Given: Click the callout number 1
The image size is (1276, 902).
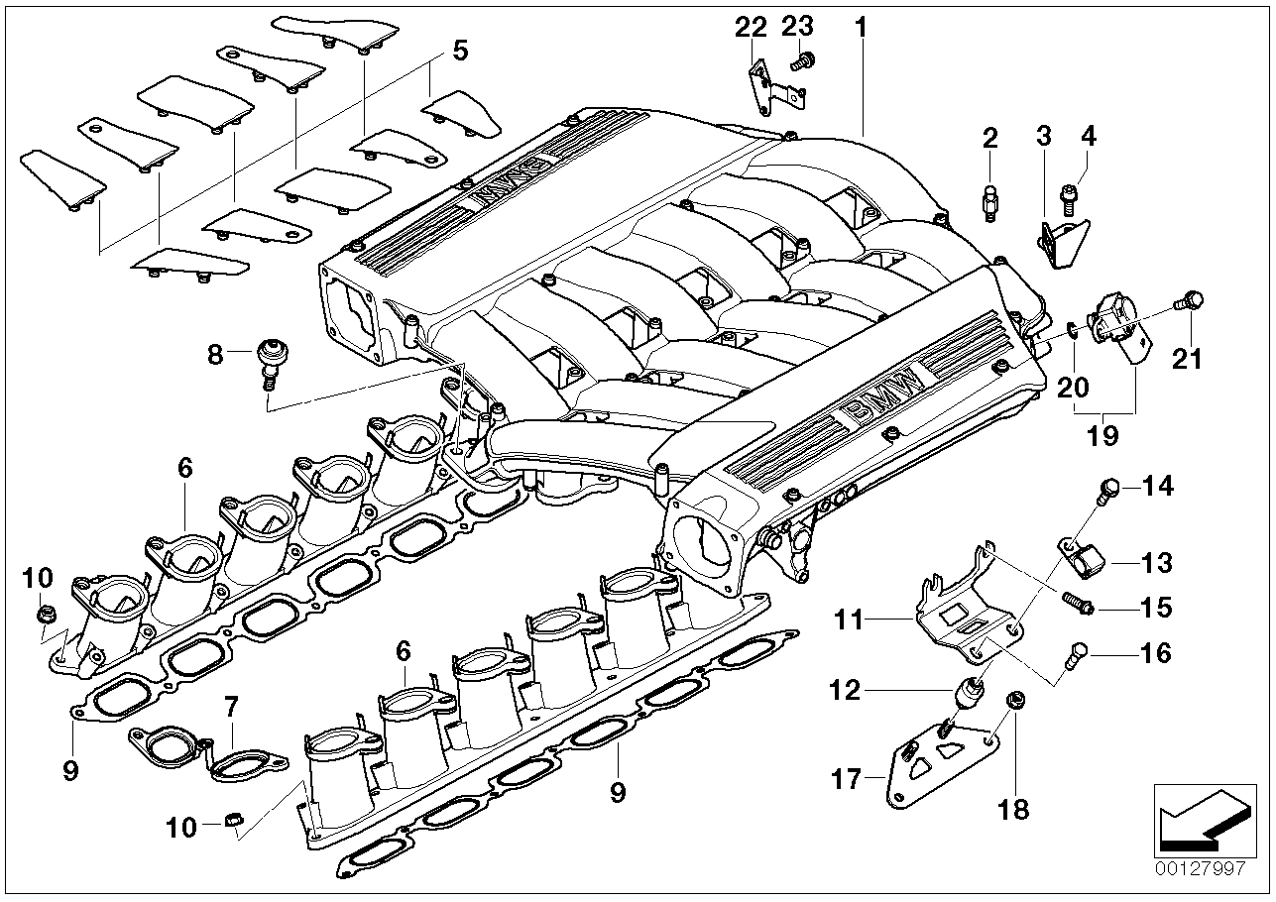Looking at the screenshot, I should [x=861, y=27].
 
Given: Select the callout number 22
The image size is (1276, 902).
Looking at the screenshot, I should [x=751, y=27].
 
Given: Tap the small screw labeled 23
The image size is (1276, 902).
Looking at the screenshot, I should [x=799, y=62].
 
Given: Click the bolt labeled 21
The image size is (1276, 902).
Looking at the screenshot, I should [x=1190, y=302].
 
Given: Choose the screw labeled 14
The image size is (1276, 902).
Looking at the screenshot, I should [x=1108, y=487].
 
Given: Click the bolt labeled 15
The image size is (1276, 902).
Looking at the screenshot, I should [x=1076, y=603].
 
